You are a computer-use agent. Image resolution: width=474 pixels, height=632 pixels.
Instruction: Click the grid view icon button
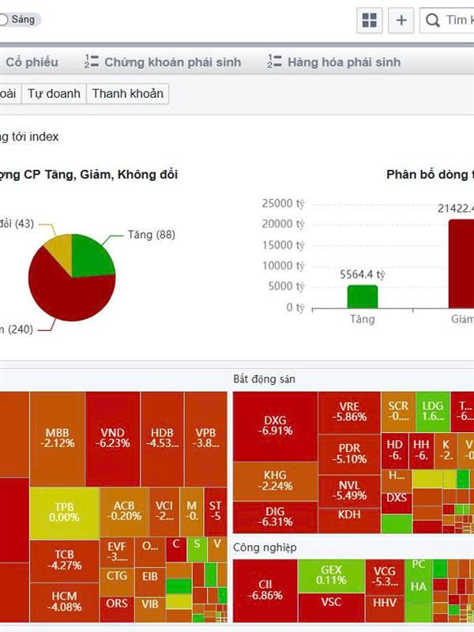point(369,20)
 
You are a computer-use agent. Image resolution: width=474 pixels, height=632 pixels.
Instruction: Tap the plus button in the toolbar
point(401,20)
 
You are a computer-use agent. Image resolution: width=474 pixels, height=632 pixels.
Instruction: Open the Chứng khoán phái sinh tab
point(164,62)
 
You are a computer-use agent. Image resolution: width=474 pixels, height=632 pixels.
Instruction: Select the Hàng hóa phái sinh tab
point(334,62)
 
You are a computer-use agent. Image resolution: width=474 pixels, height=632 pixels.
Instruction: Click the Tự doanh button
point(54,93)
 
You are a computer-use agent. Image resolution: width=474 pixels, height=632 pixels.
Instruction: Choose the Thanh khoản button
point(128,93)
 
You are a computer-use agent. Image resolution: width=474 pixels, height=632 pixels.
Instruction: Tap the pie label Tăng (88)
point(151,235)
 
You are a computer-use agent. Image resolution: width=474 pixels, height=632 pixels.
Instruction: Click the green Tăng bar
point(363,296)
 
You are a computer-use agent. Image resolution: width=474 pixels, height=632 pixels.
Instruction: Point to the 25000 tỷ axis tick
point(283,203)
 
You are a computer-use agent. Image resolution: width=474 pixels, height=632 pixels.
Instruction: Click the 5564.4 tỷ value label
point(362,275)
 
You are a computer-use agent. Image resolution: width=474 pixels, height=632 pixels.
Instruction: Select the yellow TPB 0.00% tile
point(64,511)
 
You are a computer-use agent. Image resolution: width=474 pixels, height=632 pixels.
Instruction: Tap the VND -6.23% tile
point(113,438)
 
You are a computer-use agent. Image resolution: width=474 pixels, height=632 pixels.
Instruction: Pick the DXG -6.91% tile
point(275,425)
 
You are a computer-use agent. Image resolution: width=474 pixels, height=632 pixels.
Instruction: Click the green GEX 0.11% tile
point(331,574)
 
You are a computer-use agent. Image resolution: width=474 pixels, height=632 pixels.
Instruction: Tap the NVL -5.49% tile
point(353,490)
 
